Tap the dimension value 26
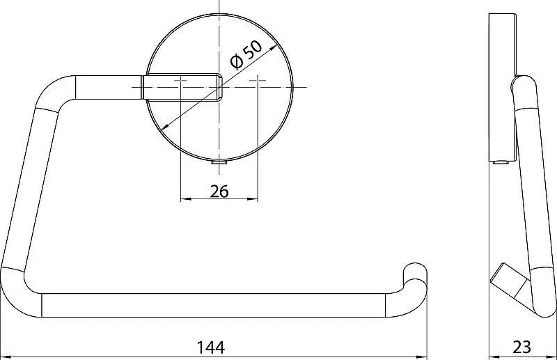[219, 191]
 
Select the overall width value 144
[211, 347]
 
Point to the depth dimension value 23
[521, 347]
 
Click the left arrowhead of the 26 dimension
[185, 199]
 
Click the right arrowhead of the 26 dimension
[254, 199]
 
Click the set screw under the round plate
[219, 163]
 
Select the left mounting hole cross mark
[180, 81]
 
